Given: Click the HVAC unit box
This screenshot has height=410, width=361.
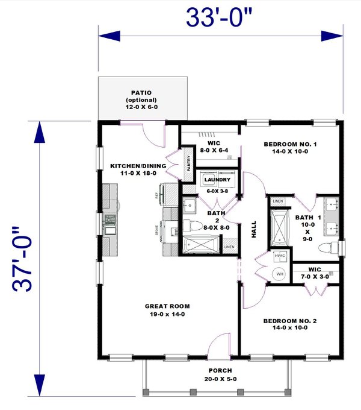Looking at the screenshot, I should [280, 256].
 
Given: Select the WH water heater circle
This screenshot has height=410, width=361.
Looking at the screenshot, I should [280, 274].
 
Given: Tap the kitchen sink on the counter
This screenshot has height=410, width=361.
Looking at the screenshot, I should [110, 224].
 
